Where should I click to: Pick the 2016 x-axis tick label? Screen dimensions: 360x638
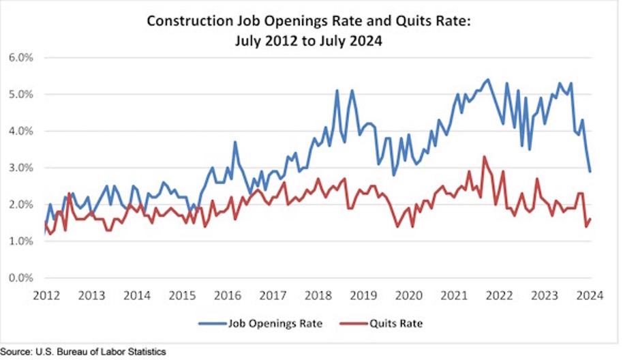[x=227, y=295]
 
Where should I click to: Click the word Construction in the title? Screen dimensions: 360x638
[x=188, y=22]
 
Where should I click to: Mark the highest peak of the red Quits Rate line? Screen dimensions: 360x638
[x=484, y=157]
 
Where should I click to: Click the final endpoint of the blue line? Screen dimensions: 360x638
[x=590, y=171]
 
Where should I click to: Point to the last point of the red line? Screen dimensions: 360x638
[x=590, y=219]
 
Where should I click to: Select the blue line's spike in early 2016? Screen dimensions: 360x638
[x=234, y=142]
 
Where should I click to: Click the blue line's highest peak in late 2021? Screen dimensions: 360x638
[x=488, y=80]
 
